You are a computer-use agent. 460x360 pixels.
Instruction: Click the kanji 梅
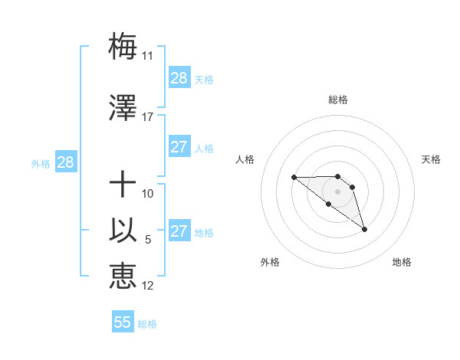[x=123, y=47]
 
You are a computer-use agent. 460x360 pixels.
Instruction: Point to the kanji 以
[x=123, y=231]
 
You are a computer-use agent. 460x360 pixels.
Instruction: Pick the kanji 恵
[x=123, y=276]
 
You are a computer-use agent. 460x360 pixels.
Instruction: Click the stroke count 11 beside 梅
[x=147, y=56]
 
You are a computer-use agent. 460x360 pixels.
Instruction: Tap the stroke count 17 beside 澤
[x=147, y=117]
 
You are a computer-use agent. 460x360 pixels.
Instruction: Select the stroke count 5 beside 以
[x=148, y=240]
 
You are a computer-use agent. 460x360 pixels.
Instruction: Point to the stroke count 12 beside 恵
[x=148, y=286]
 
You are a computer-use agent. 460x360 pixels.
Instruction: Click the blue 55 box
[x=123, y=322]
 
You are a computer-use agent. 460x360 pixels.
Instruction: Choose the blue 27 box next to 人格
[x=179, y=147]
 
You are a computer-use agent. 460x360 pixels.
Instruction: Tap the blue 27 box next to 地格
[x=179, y=231]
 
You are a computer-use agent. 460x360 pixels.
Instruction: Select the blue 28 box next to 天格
[x=179, y=78]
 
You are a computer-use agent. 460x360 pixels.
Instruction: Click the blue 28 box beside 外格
[x=65, y=162]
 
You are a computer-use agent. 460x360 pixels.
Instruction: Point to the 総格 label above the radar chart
[x=338, y=100]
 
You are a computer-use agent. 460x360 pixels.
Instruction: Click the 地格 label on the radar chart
[x=402, y=262]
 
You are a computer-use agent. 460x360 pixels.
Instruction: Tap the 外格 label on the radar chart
[x=270, y=262]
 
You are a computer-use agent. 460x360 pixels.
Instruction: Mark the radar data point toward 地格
[x=364, y=229]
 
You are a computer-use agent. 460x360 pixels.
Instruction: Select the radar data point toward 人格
[x=294, y=178]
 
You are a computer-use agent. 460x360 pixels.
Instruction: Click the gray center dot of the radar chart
[x=338, y=191]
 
